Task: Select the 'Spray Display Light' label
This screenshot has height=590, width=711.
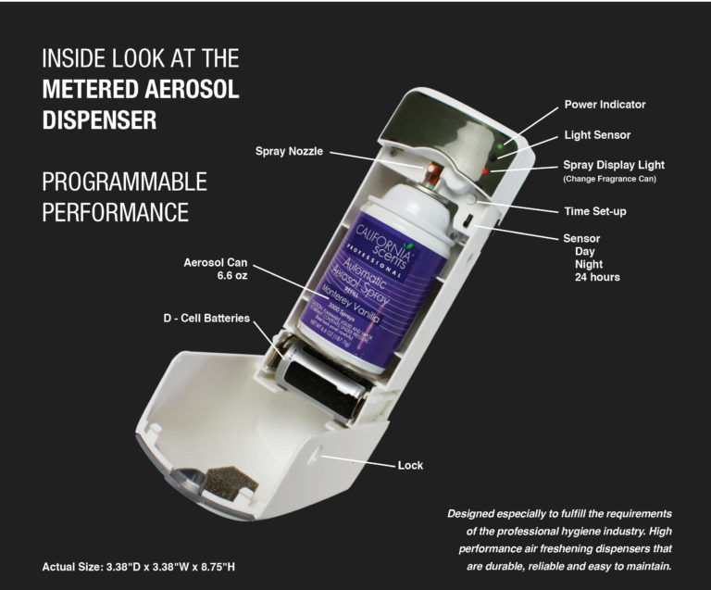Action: (614, 165)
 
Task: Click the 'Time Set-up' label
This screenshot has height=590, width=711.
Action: (595, 211)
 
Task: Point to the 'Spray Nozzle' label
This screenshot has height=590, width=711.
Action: (289, 150)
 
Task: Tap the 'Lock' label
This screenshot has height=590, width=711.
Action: (410, 465)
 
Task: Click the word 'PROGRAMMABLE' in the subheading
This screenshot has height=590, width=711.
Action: (124, 181)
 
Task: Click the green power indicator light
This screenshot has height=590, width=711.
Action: (501, 144)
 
